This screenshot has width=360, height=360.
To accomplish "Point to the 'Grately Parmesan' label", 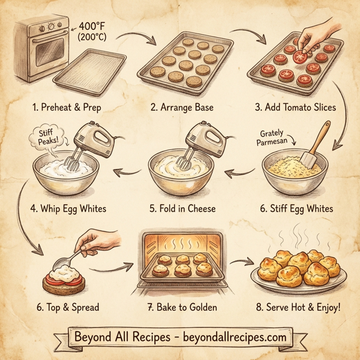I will pos(274,137).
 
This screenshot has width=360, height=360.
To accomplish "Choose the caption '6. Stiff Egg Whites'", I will pos(296,210).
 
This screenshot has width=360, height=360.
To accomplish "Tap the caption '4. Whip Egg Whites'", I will pos(68,210).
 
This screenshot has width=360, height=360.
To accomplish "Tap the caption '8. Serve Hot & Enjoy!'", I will pos(297,307).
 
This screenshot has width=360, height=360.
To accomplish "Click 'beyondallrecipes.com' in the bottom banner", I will pos(228,337).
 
